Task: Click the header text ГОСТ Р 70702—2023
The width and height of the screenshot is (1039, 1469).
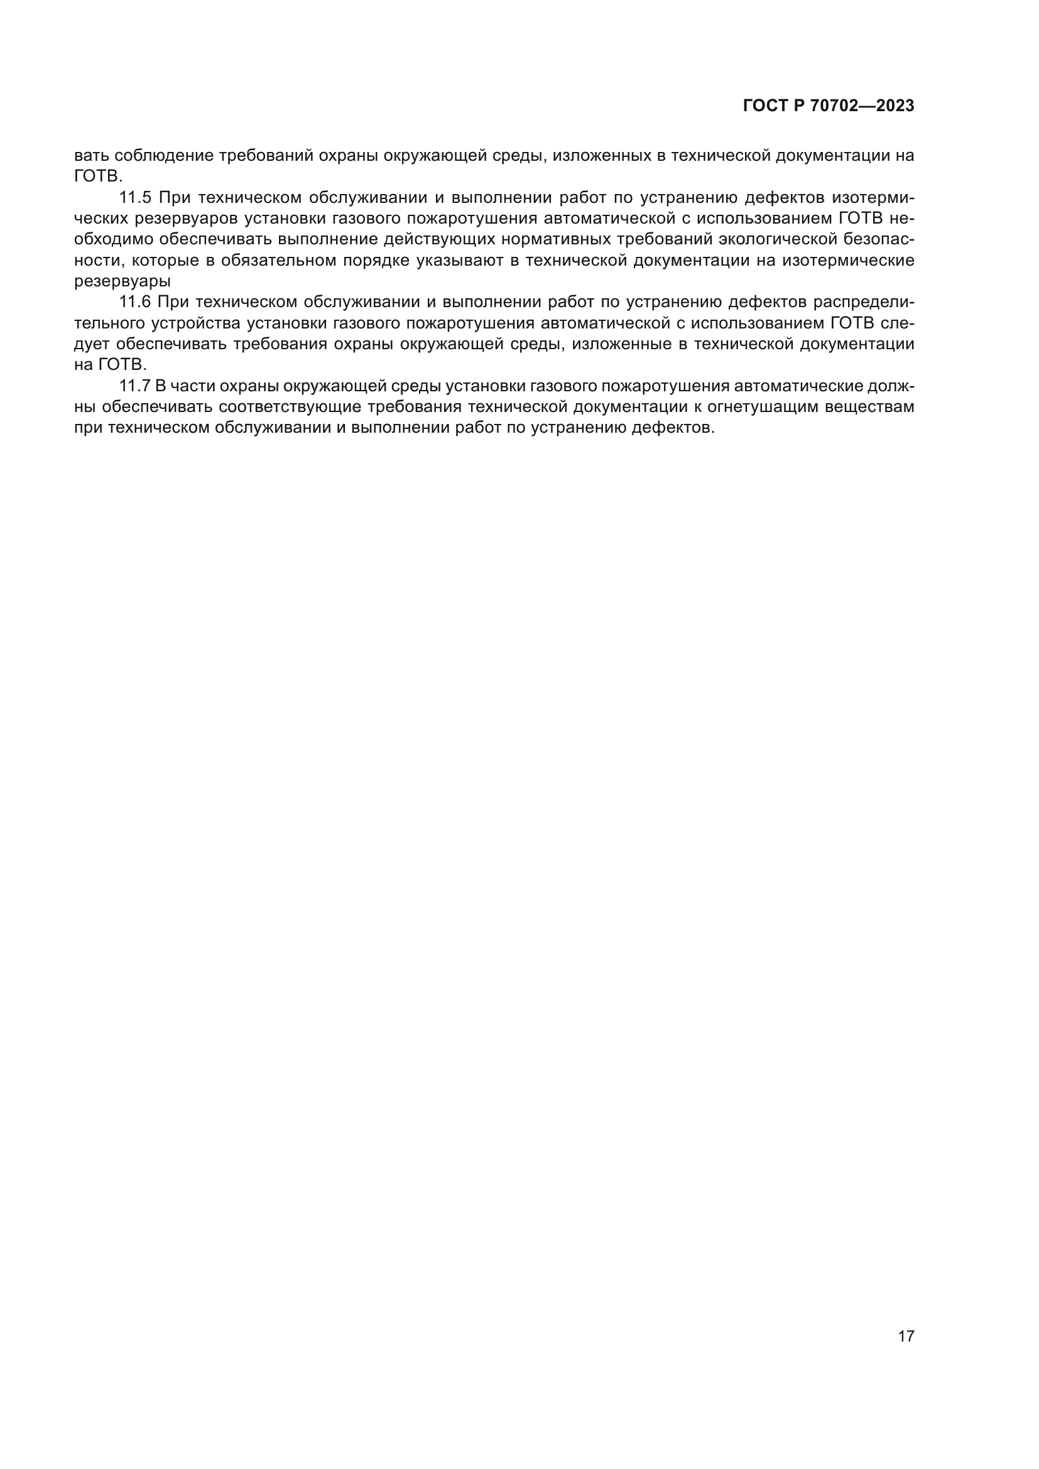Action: [829, 106]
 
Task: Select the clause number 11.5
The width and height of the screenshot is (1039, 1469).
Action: [135, 198]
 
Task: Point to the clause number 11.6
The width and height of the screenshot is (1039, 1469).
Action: [135, 302]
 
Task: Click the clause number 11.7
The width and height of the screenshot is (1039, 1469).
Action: [135, 386]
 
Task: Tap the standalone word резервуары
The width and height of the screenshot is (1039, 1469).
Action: [122, 281]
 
